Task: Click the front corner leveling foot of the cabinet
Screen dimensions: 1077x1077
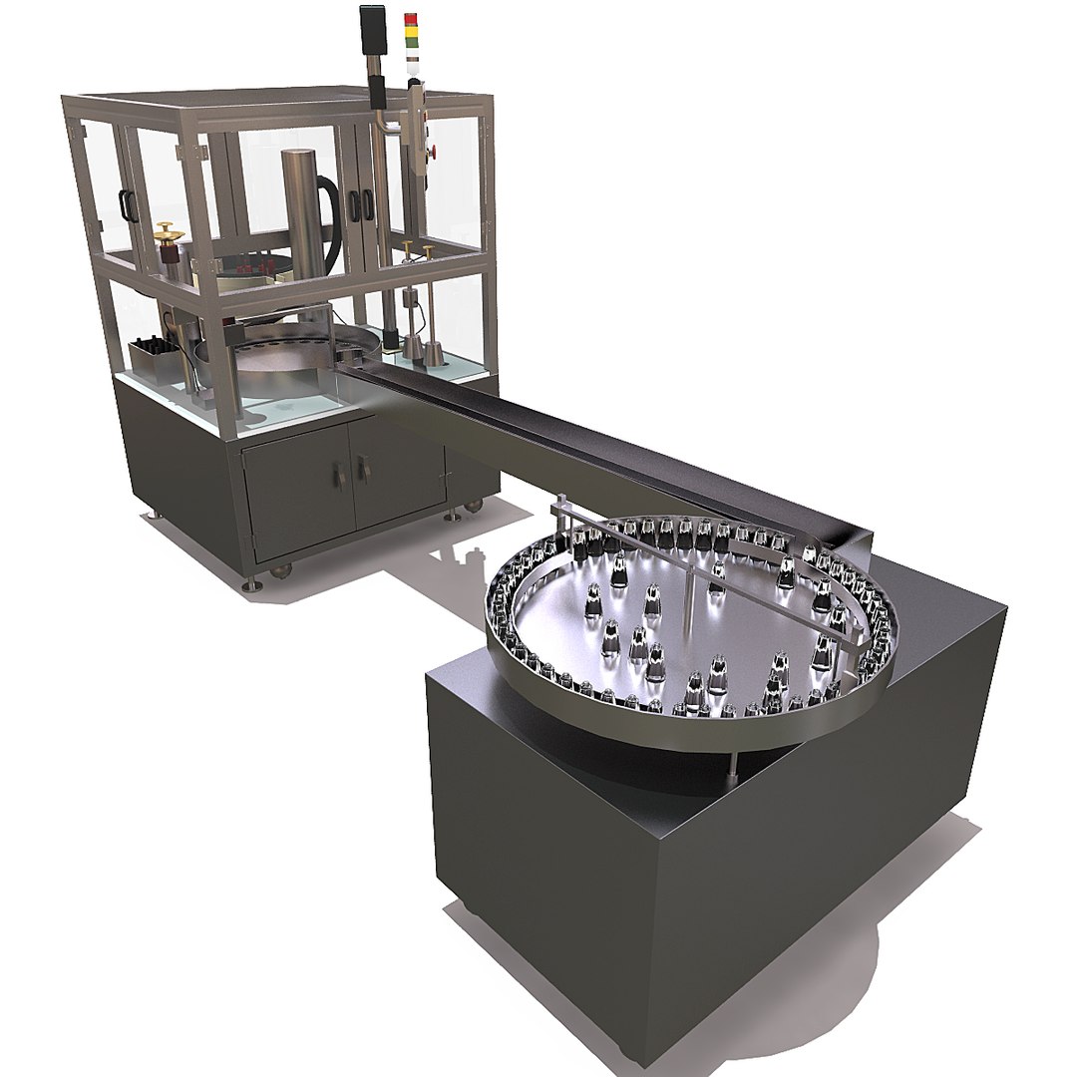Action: coord(254,581)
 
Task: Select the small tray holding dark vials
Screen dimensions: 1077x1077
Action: coord(153,354)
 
